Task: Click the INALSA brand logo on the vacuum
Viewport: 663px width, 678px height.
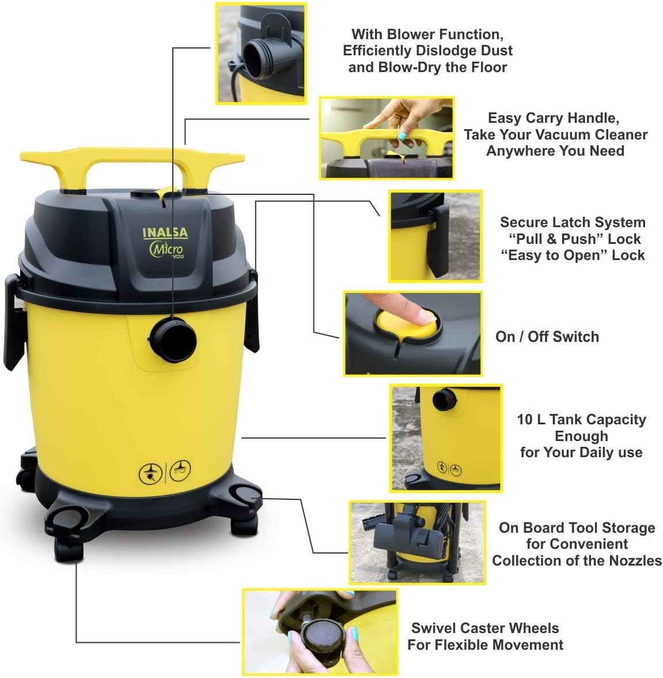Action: pos(165,233)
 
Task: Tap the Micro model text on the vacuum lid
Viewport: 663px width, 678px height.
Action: pos(166,249)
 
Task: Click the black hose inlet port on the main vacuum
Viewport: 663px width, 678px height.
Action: pos(173,340)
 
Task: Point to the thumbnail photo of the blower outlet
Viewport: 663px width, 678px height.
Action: pos(260,54)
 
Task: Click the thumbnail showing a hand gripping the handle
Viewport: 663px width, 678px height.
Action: pos(387,138)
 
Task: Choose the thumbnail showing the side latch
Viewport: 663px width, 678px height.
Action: pos(434,236)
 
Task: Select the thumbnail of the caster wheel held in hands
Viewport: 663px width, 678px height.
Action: pos(320,631)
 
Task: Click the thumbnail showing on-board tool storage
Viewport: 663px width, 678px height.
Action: pos(417,542)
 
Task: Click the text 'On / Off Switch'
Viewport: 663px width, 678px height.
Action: pos(547,337)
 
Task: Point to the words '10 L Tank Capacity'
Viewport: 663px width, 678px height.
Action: pos(581,420)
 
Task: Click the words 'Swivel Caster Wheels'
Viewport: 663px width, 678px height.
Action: pos(485,628)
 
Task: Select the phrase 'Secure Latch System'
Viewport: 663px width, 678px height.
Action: pos(572,223)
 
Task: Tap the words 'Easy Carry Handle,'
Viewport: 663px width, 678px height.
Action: pos(553,118)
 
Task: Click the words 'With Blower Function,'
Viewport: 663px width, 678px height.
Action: pos(427,34)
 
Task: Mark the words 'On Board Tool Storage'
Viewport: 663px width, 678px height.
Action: pos(577,528)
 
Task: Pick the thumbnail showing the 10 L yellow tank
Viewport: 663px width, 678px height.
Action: pos(445,438)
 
